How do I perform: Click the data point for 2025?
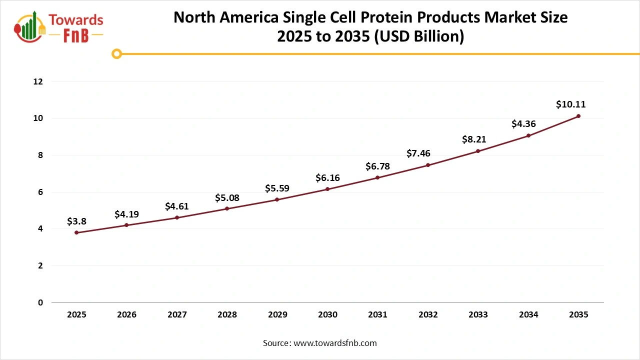click(76, 232)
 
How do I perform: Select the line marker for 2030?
click(327, 189)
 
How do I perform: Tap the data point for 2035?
click(578, 116)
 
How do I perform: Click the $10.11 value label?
click(570, 104)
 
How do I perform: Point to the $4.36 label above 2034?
click(523, 124)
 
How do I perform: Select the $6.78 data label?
click(377, 166)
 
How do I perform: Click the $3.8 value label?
click(76, 221)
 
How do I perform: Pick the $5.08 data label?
click(227, 198)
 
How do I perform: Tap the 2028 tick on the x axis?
click(227, 314)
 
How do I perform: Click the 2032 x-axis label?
click(428, 314)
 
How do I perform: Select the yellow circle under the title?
click(116, 53)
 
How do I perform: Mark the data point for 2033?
click(478, 151)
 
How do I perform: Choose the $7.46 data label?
click(418, 153)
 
